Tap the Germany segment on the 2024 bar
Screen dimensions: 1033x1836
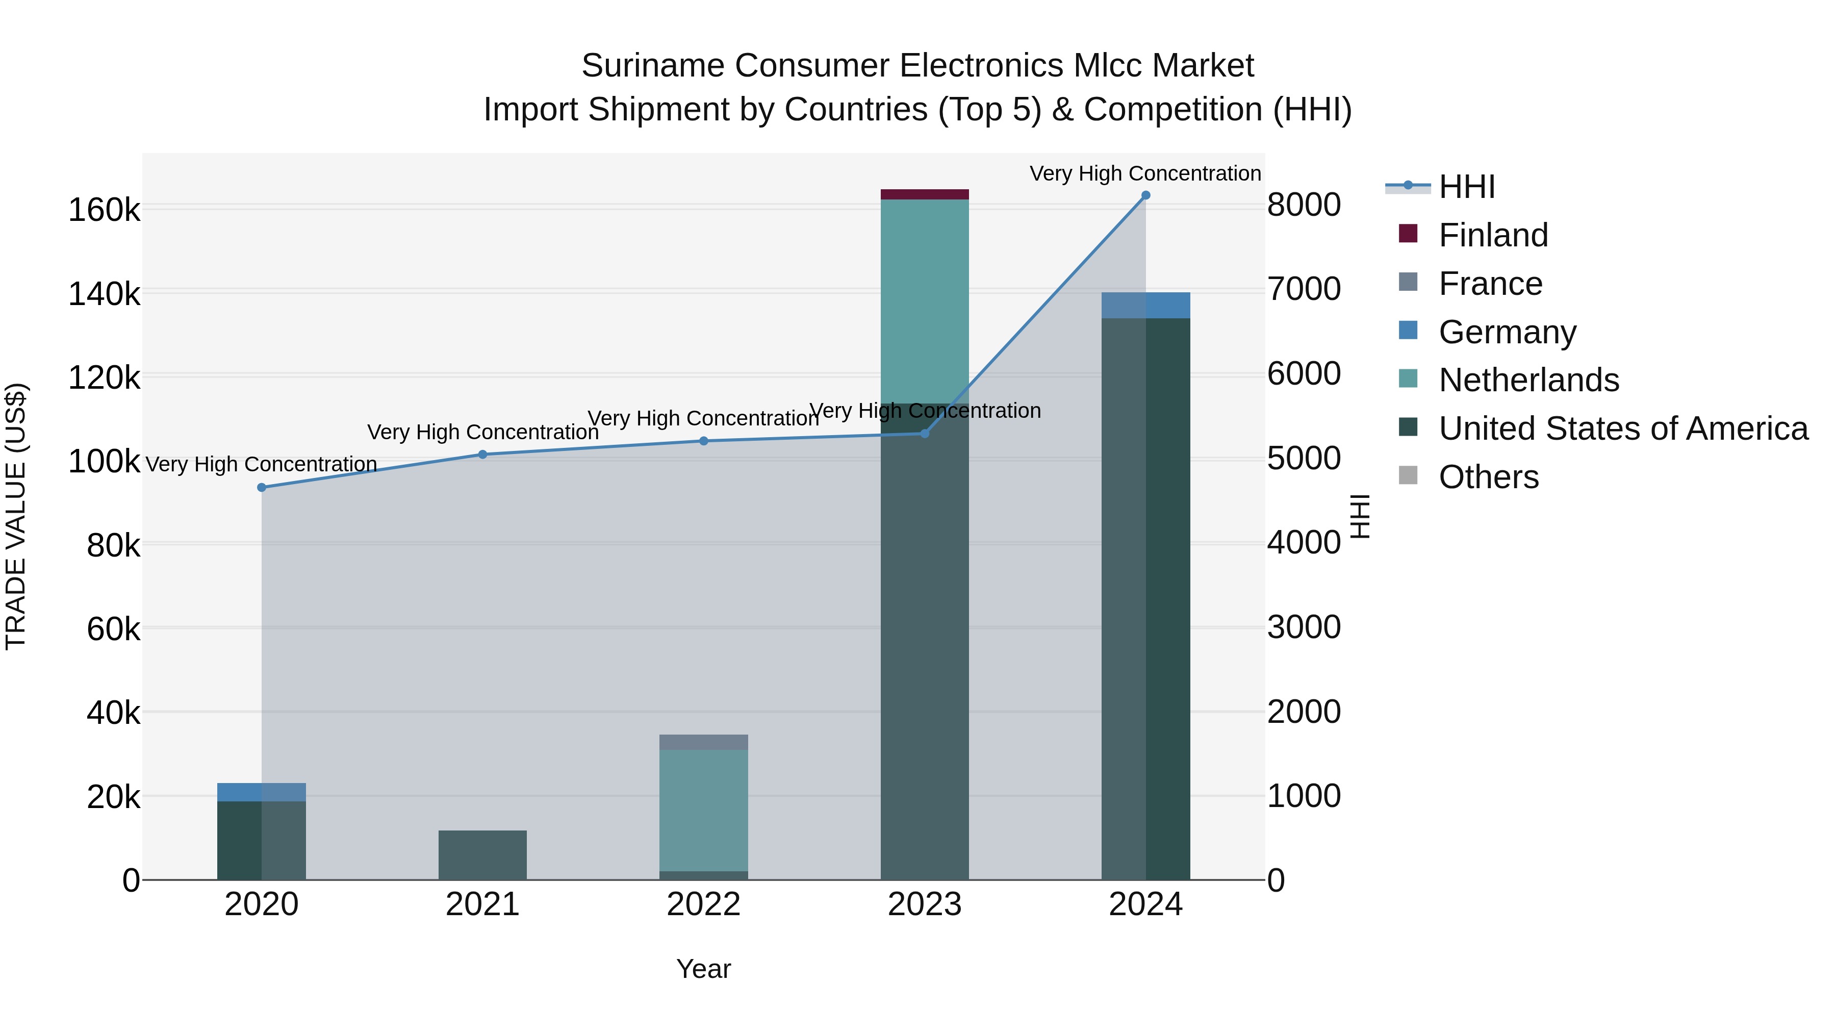pos(1145,305)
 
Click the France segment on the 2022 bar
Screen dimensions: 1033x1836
pos(703,742)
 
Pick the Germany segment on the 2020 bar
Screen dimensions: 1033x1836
pos(261,792)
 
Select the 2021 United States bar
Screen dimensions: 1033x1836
pos(482,855)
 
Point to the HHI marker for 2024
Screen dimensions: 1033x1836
pos(1145,195)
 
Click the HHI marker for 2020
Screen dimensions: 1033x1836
pos(262,488)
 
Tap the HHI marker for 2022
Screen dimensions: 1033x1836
pos(703,441)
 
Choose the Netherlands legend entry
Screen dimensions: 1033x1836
pos(1528,380)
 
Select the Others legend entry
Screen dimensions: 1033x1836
pos(1488,477)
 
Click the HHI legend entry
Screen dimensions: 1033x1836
pos(1466,187)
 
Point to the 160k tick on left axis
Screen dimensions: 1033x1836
pos(104,210)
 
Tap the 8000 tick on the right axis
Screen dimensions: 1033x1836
pos(1304,205)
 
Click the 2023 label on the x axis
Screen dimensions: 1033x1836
pos(925,904)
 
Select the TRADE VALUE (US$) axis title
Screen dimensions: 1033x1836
pos(16,516)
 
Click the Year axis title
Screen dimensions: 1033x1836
pos(703,969)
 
